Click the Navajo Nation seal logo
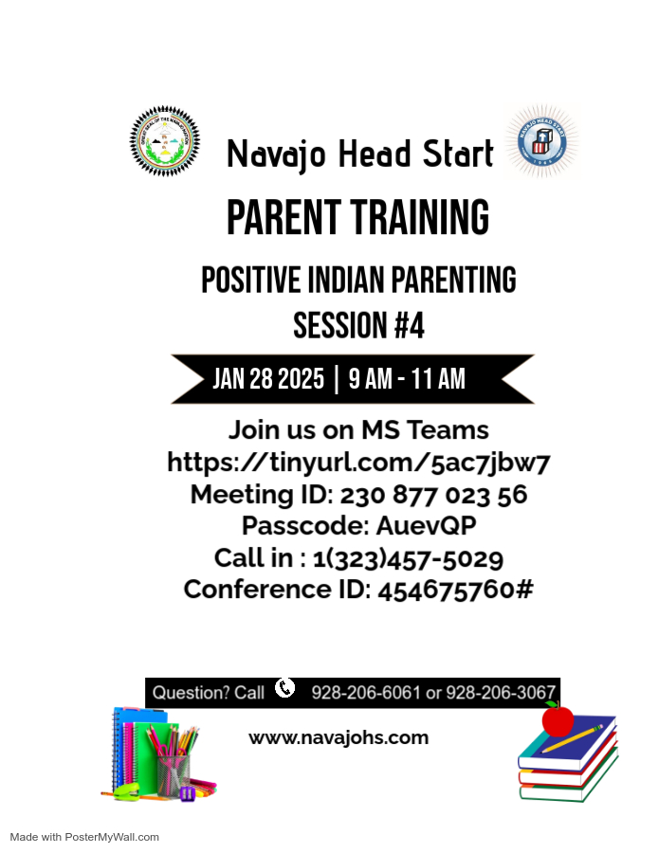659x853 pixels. click(165, 141)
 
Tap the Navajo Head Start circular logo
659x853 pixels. click(541, 143)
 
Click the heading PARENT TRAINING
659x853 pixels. click(357, 218)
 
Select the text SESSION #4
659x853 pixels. click(358, 325)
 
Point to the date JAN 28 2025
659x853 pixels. click(268, 379)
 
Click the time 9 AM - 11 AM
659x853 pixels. click(407, 379)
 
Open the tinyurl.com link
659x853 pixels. click(358, 463)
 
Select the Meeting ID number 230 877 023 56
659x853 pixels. click(433, 494)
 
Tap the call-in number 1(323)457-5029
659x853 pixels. click(408, 557)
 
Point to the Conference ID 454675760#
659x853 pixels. click(455, 590)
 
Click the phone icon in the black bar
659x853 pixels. click(285, 688)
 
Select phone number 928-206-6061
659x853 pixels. click(365, 693)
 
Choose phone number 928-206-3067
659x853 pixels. click(501, 693)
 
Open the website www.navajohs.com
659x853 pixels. click(339, 737)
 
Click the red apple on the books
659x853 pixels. click(558, 719)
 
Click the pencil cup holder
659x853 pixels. click(173, 771)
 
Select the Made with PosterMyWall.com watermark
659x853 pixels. click(84, 837)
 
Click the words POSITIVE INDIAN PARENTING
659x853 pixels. click(358, 281)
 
